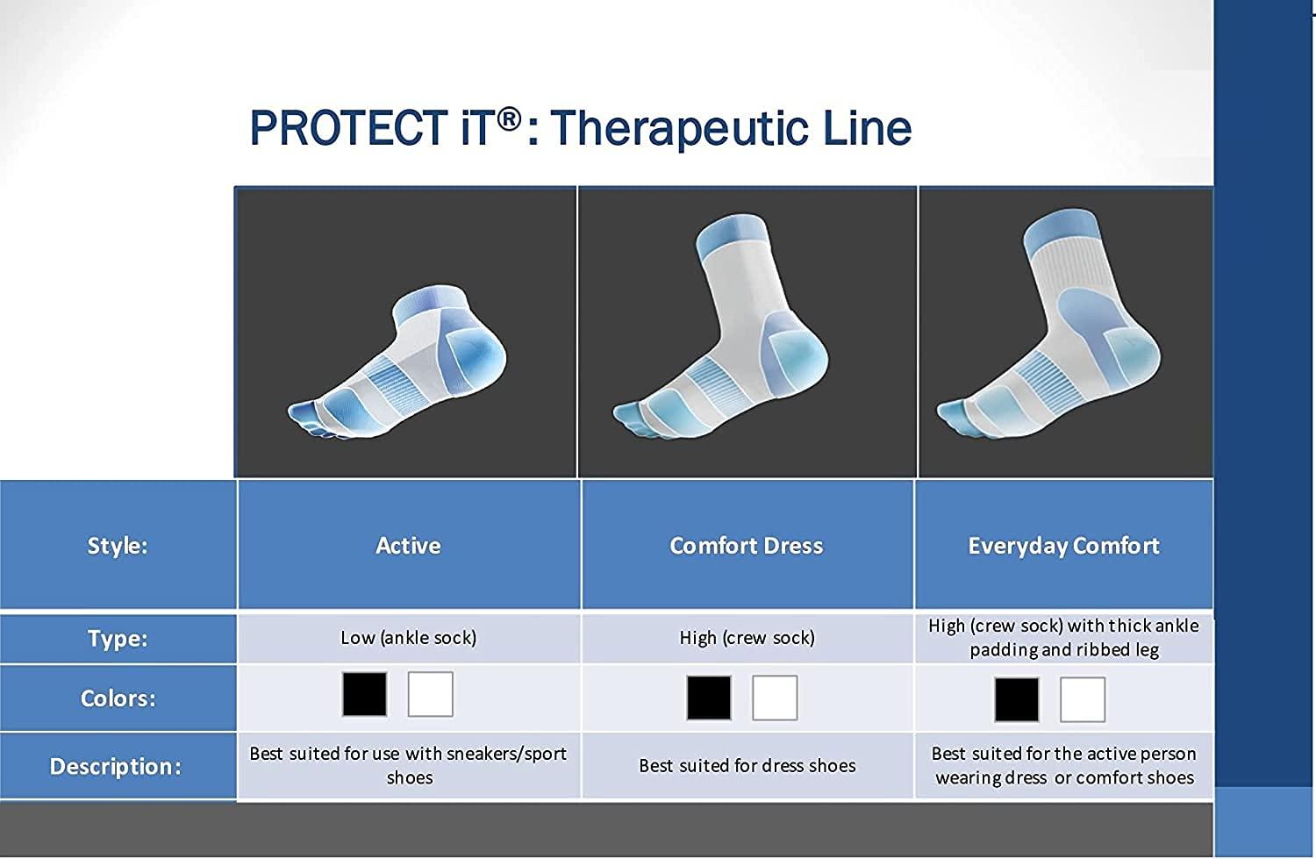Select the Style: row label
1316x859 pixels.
118,546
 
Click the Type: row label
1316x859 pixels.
118,638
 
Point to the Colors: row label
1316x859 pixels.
118,698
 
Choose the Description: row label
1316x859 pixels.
116,766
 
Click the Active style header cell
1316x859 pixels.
408,546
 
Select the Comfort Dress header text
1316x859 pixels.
747,546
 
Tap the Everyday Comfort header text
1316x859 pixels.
1063,546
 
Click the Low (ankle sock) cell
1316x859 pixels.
409,638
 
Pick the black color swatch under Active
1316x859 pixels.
364,694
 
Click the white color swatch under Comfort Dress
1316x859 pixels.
775,698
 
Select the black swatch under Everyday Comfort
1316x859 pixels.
1016,699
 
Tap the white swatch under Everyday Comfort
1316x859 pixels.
1082,699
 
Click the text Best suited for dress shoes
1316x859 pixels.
747,766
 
